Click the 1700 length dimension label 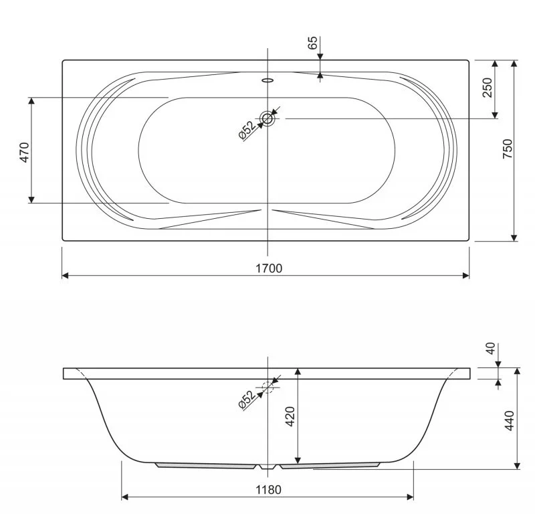(x=269, y=268)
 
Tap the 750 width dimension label (x=508, y=149)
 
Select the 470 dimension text (x=25, y=153)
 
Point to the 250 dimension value (x=488, y=88)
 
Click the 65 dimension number (x=312, y=43)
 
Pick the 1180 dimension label (x=269, y=490)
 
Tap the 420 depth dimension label (x=290, y=416)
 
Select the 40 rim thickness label (x=490, y=349)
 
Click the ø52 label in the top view (x=247, y=131)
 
